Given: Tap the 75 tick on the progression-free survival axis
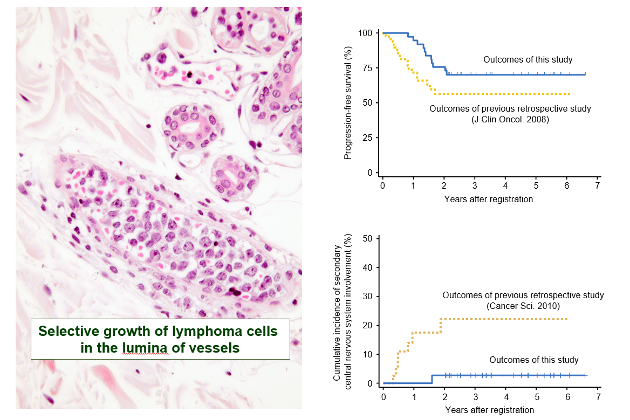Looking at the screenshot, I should (x=369, y=68).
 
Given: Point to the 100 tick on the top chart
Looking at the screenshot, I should (x=367, y=33).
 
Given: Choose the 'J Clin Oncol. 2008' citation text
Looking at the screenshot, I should (x=510, y=120).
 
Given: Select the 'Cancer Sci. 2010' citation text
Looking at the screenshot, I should (x=523, y=306).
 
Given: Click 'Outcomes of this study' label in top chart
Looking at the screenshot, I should (x=528, y=60).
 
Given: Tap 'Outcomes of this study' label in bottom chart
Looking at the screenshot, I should (x=533, y=360).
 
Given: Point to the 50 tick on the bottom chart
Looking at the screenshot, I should (x=369, y=239).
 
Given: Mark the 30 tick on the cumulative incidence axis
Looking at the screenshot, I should (x=369, y=297).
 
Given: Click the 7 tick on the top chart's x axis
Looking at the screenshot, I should (x=597, y=186).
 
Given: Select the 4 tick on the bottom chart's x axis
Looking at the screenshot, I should (x=506, y=397).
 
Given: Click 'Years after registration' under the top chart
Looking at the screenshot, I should (x=488, y=199).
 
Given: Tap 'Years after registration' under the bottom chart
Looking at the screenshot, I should (x=489, y=410).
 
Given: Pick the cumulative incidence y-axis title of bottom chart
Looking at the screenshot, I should (x=343, y=313).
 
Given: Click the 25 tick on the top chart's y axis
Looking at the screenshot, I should (x=369, y=137).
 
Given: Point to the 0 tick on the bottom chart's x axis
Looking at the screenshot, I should (x=383, y=397).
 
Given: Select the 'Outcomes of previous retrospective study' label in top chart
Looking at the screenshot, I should (x=510, y=109).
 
